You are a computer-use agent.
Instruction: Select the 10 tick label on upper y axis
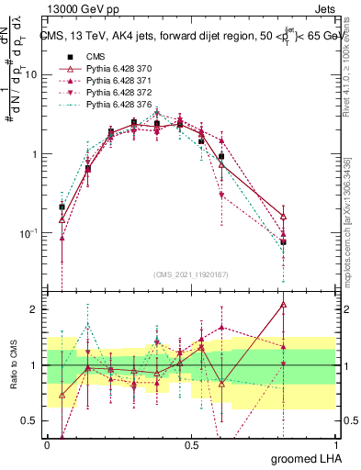31,75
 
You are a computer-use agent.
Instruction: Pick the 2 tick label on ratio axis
36,309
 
